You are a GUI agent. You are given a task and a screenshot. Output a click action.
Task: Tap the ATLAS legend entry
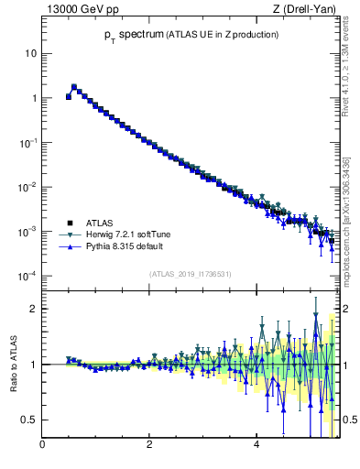coord(101,223)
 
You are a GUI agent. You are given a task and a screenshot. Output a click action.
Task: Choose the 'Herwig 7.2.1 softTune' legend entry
coord(123,234)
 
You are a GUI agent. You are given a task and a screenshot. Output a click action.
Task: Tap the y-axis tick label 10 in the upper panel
coord(29,53)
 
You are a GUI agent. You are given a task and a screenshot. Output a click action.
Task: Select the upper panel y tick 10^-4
coord(27,276)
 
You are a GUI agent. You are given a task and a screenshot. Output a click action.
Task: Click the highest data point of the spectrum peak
coord(74,87)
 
